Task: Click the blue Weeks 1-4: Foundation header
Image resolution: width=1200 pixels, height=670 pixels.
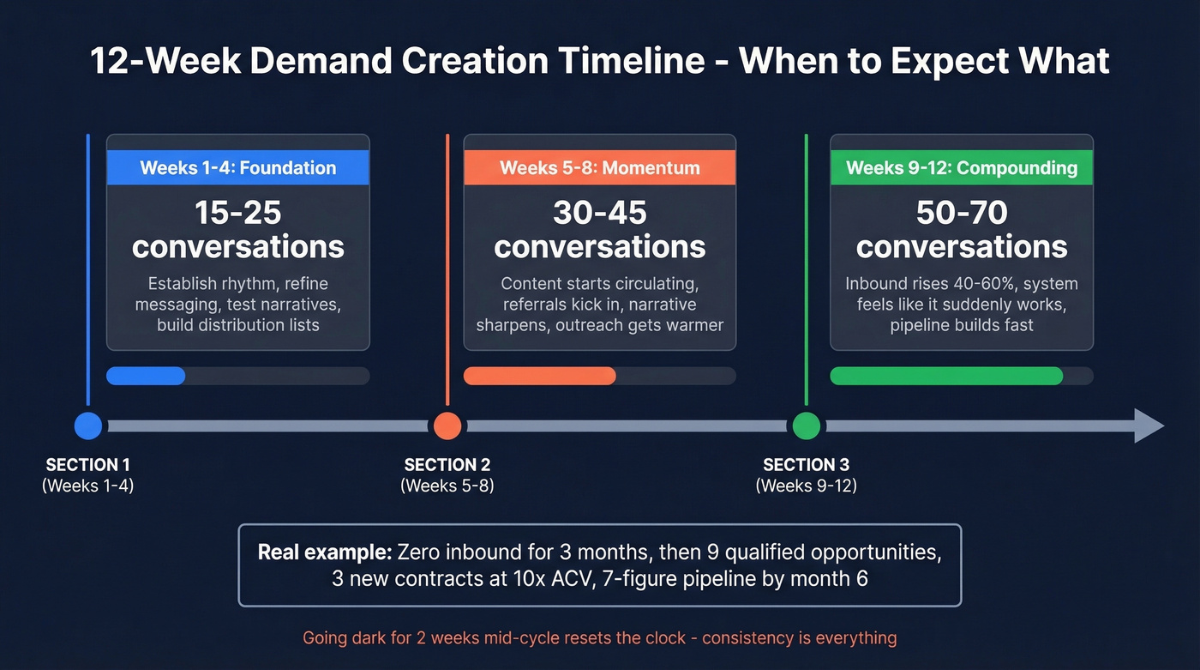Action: pyautogui.click(x=237, y=167)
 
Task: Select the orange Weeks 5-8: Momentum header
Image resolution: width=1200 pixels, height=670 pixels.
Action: pyautogui.click(x=599, y=167)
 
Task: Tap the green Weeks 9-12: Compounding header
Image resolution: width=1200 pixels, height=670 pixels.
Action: pyautogui.click(x=962, y=167)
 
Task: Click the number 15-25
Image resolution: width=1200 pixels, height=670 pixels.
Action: pyautogui.click(x=238, y=212)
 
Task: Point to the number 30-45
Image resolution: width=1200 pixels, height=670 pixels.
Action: pyautogui.click(x=599, y=212)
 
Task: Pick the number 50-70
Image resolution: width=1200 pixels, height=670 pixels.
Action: pyautogui.click(x=962, y=212)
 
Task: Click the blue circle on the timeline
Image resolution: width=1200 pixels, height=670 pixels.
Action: pyautogui.click(x=88, y=426)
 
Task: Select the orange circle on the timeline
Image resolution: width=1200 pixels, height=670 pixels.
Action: pyautogui.click(x=447, y=426)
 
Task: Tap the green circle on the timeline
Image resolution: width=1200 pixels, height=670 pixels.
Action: pyautogui.click(x=806, y=426)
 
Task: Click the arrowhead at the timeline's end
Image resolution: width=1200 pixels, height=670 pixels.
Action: pyautogui.click(x=1149, y=426)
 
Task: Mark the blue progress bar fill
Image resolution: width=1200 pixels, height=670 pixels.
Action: pyautogui.click(x=146, y=376)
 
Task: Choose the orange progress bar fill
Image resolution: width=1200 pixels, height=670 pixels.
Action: pyautogui.click(x=540, y=376)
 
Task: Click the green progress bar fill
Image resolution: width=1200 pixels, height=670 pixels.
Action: pyautogui.click(x=946, y=376)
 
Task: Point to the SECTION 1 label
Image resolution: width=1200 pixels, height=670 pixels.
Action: pyautogui.click(x=87, y=465)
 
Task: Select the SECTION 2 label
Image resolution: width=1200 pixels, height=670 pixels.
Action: pyautogui.click(x=447, y=465)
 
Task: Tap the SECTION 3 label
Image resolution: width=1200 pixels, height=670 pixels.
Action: pyautogui.click(x=806, y=465)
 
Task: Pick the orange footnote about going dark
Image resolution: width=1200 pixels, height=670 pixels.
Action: pyautogui.click(x=599, y=638)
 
